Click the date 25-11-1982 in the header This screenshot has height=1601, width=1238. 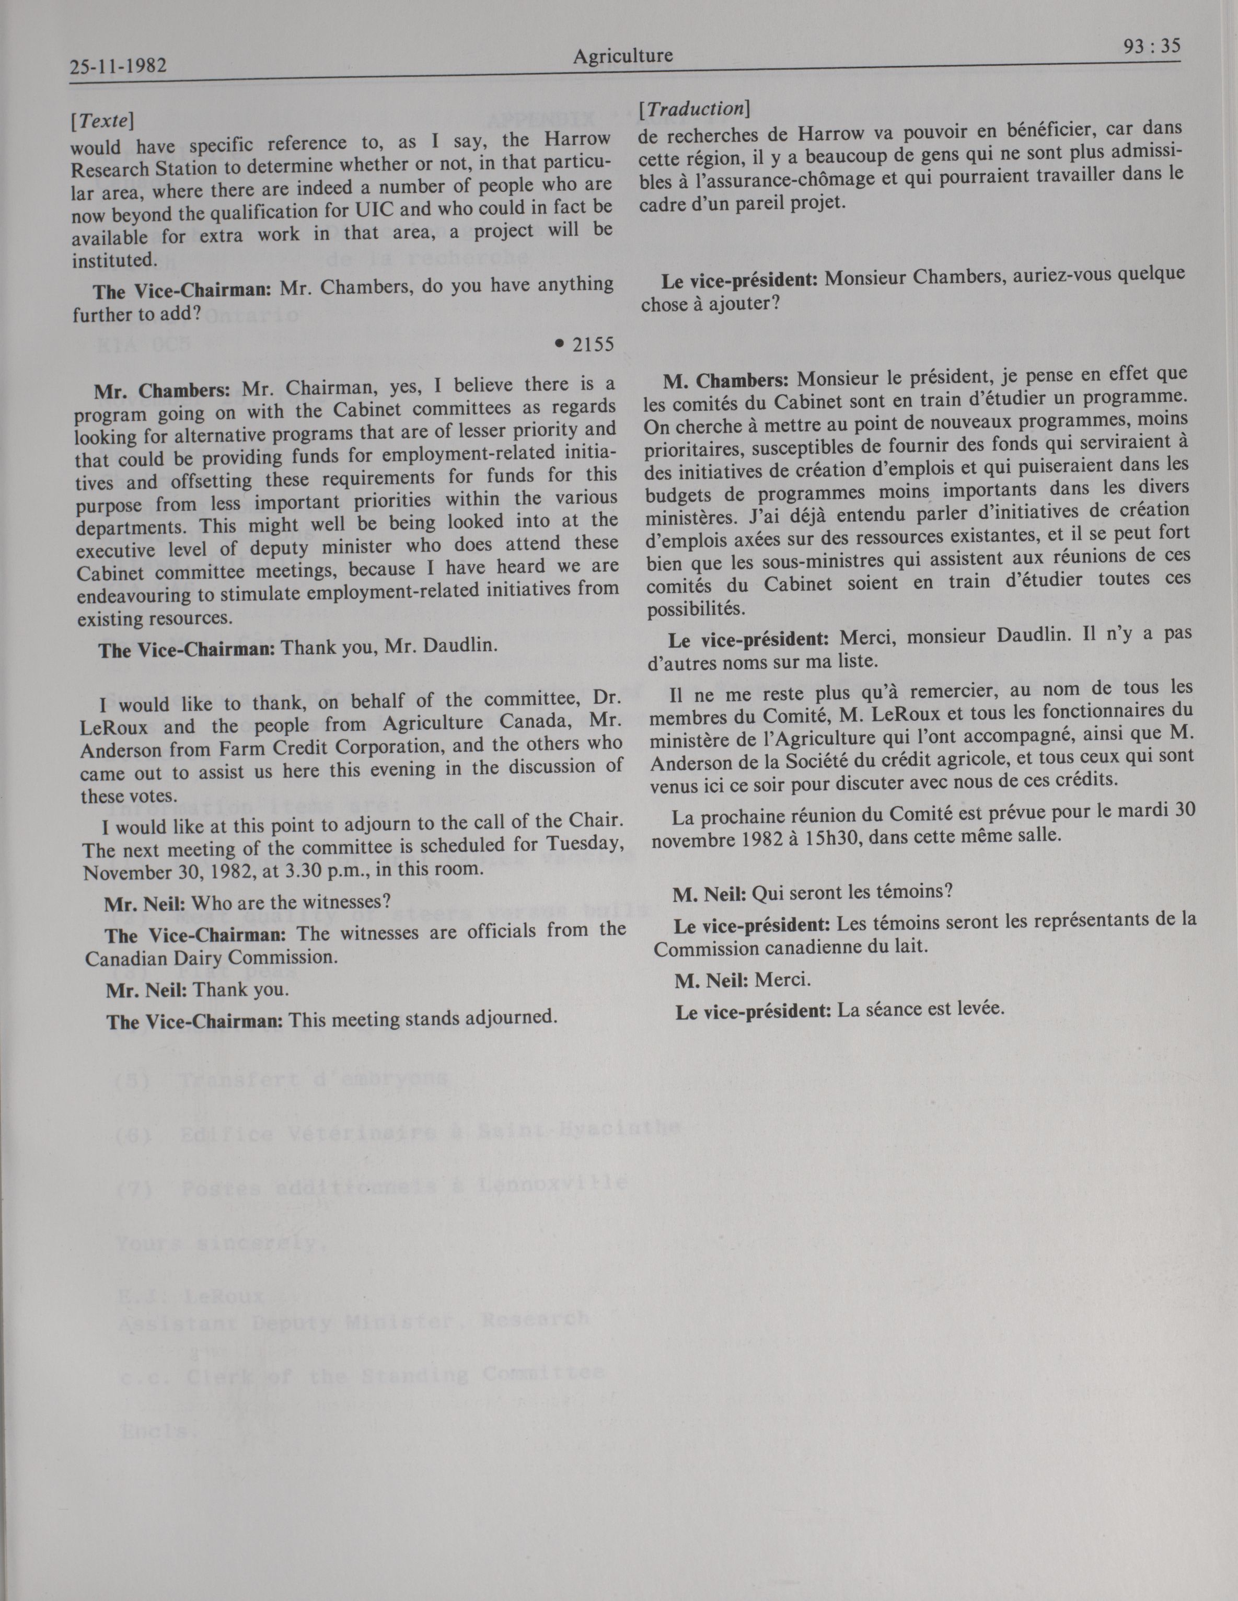click(118, 67)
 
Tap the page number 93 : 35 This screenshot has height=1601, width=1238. click(1151, 46)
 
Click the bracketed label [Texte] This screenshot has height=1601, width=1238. click(102, 120)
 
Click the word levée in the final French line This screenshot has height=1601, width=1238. click(981, 1009)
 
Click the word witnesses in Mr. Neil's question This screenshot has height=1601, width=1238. click(331, 901)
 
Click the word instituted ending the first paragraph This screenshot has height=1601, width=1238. click(113, 260)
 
